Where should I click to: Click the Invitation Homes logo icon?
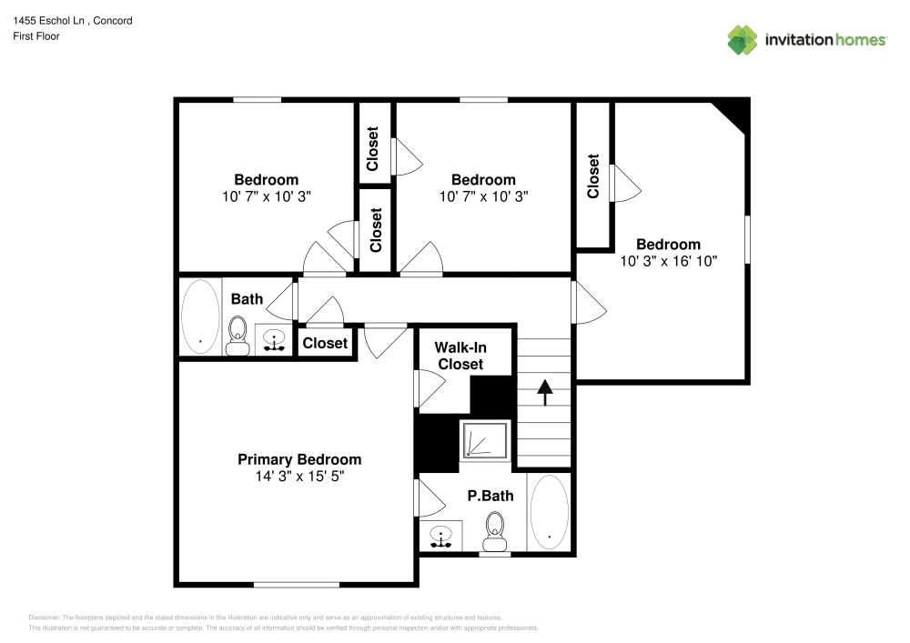click(743, 39)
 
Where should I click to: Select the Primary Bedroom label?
click(299, 459)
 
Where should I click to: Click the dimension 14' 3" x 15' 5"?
click(299, 476)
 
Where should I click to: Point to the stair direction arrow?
click(545, 391)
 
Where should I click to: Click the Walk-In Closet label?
click(460, 356)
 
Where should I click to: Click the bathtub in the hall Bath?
click(200, 316)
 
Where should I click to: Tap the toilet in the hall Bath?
click(238, 335)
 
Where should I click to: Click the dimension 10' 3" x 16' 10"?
click(669, 261)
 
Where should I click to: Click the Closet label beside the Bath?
click(325, 343)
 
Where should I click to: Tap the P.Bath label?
click(490, 496)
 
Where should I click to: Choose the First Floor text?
click(36, 36)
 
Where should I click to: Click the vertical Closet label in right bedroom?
click(593, 176)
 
